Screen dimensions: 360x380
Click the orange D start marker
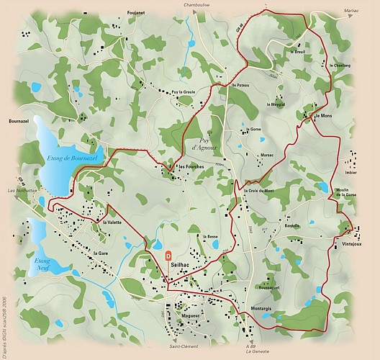[169, 255]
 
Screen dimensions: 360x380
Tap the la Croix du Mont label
[259, 191]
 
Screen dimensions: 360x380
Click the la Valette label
[113, 222]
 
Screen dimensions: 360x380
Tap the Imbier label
[352, 172]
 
